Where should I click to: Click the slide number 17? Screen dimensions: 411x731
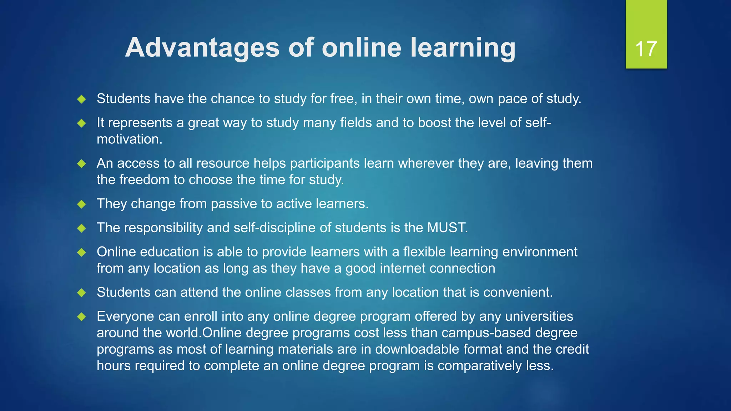pyautogui.click(x=646, y=49)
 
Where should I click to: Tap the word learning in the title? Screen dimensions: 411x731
pyautogui.click(x=463, y=48)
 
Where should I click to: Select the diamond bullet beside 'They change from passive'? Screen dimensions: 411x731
pyautogui.click(x=82, y=204)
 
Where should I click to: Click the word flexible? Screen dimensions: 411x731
pyautogui.click(x=424, y=252)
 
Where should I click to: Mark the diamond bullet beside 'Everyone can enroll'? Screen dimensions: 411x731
pyautogui.click(x=82, y=316)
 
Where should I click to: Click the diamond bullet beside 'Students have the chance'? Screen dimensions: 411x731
pyautogui.click(x=82, y=99)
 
